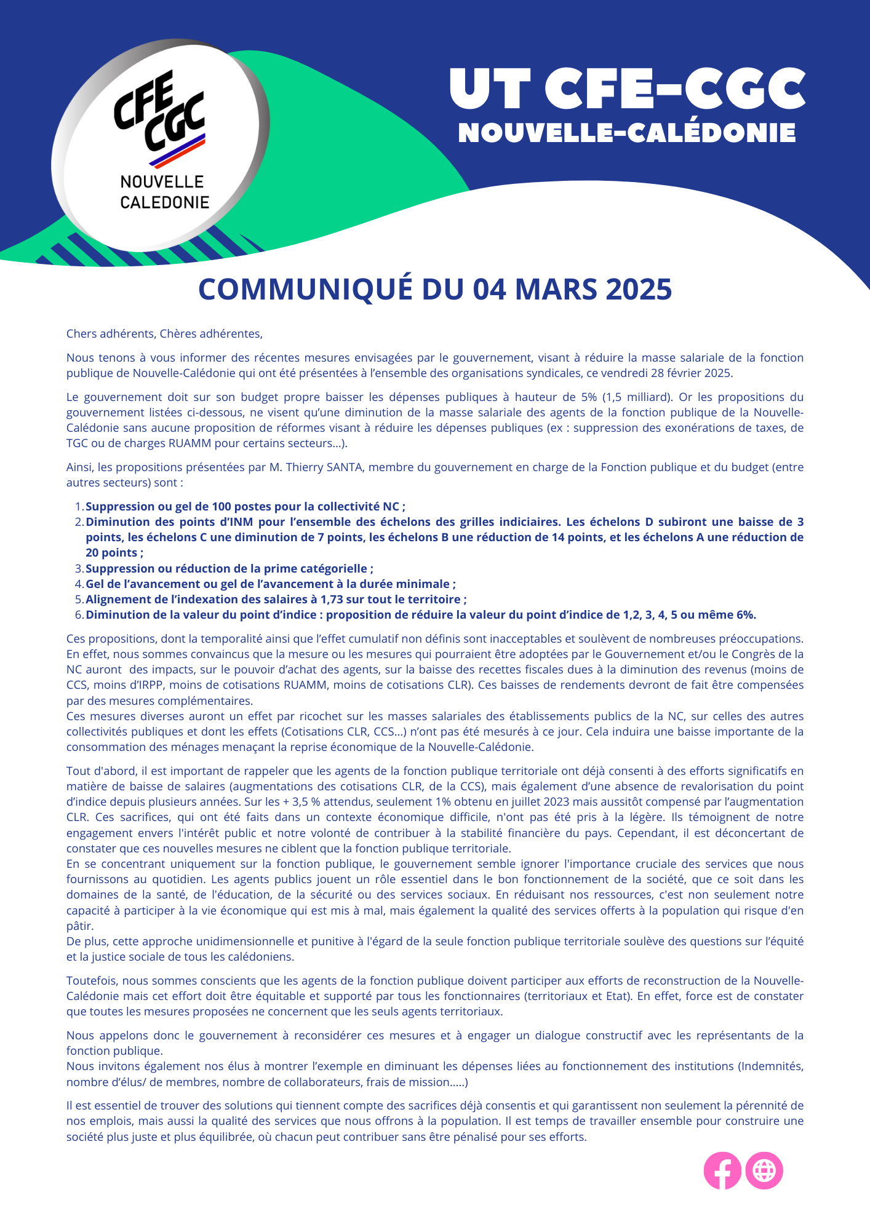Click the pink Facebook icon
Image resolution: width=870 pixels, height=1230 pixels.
pyautogui.click(x=722, y=1170)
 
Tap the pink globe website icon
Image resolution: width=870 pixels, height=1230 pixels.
pyautogui.click(x=764, y=1170)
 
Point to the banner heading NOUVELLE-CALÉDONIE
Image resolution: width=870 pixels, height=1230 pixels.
pyautogui.click(x=627, y=133)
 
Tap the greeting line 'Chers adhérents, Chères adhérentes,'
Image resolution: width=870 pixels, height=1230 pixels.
pyautogui.click(x=164, y=334)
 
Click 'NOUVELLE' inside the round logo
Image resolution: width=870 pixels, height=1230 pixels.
pyautogui.click(x=162, y=182)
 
